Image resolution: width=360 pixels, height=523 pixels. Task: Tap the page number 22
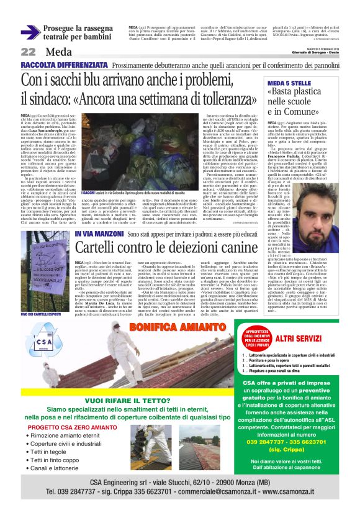tap(28, 52)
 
